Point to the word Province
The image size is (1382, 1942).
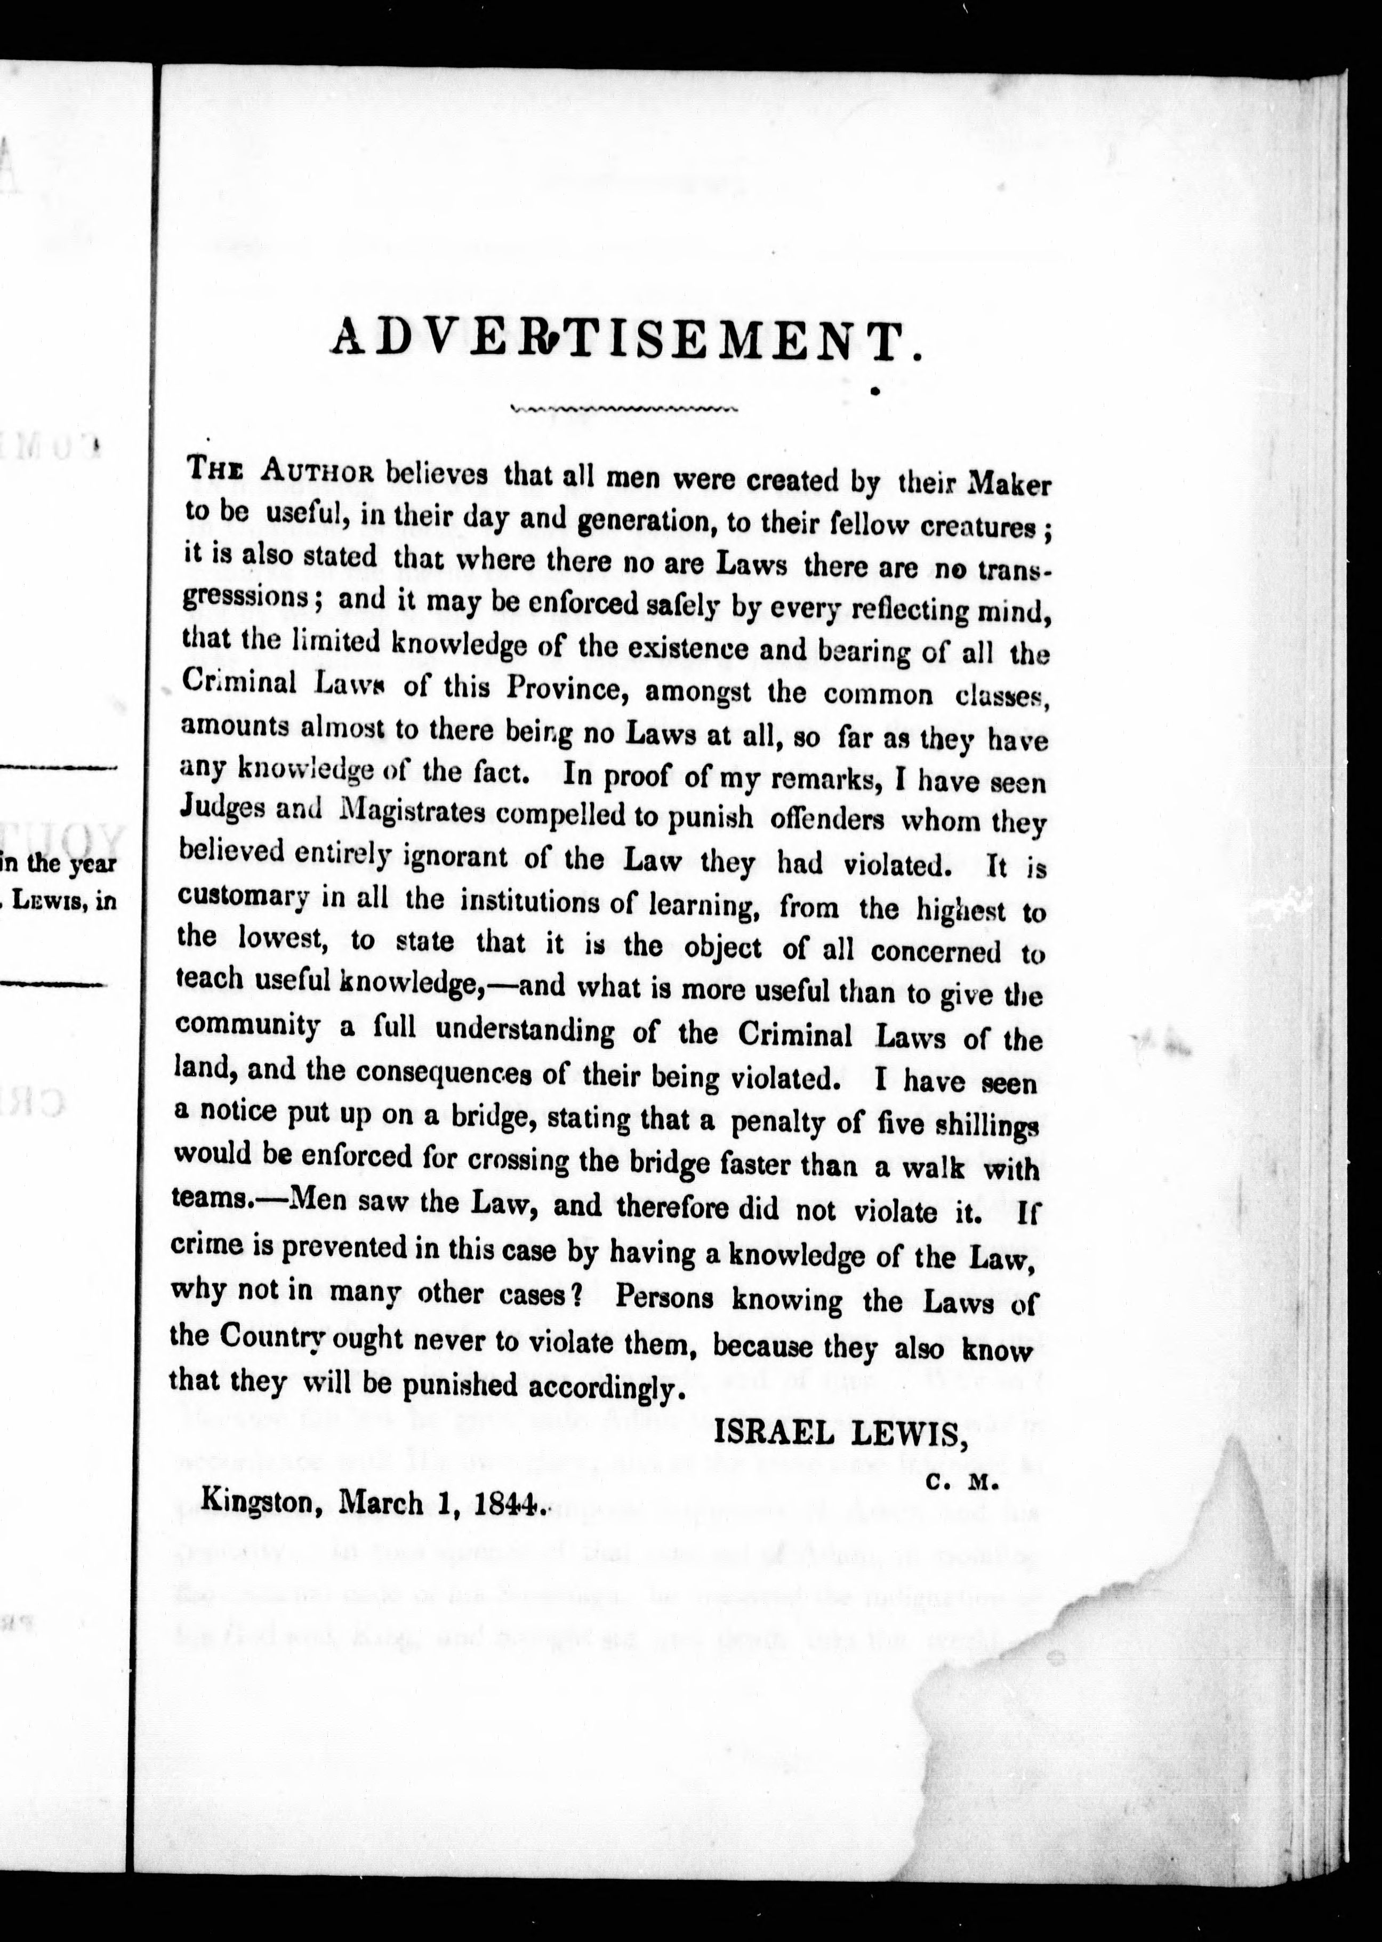tap(568, 688)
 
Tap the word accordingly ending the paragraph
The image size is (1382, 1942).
tap(607, 1387)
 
